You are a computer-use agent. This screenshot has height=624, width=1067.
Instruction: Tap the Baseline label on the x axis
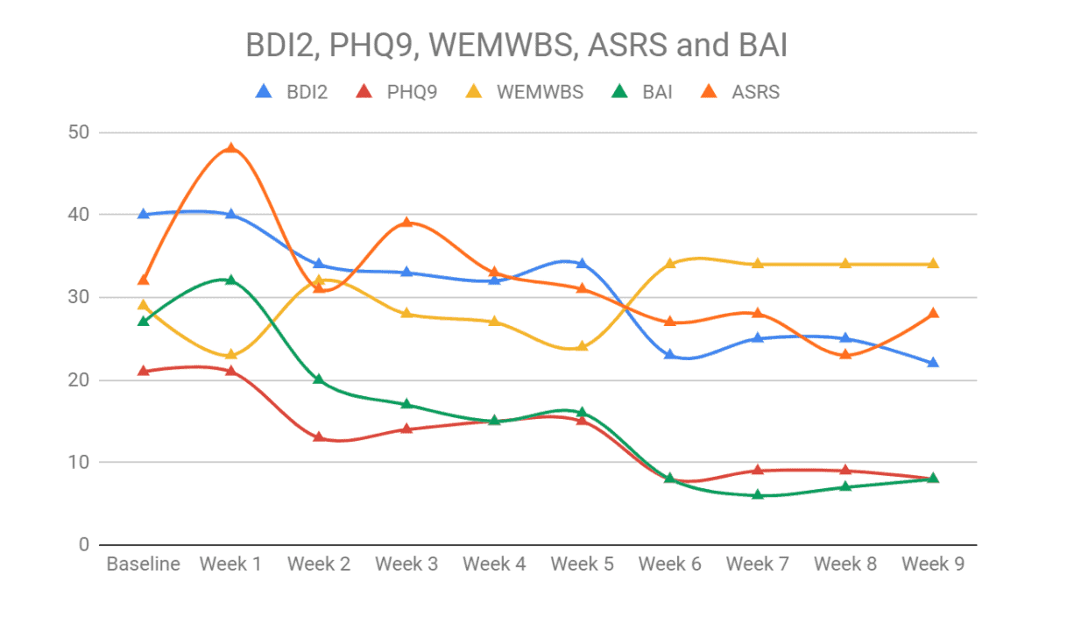pos(144,564)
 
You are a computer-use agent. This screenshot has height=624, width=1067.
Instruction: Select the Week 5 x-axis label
pos(582,564)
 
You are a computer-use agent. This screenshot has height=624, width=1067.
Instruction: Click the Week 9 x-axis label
pos(932,564)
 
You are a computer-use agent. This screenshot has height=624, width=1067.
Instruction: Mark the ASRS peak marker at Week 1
pos(231,148)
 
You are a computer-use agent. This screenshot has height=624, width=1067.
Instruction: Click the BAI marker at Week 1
pos(231,280)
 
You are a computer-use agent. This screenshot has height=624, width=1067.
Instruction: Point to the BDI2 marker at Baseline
pos(144,214)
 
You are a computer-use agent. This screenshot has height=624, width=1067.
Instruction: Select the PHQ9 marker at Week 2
pos(319,436)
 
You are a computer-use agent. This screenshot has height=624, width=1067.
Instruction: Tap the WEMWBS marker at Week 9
pos(933,264)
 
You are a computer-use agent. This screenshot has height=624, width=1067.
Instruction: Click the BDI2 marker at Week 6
pos(669,354)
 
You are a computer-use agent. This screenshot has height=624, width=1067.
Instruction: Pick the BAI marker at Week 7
pos(757,494)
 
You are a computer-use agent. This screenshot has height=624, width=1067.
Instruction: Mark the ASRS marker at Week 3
pos(406,223)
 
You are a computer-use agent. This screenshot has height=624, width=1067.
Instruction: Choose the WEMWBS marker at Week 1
pos(231,354)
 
